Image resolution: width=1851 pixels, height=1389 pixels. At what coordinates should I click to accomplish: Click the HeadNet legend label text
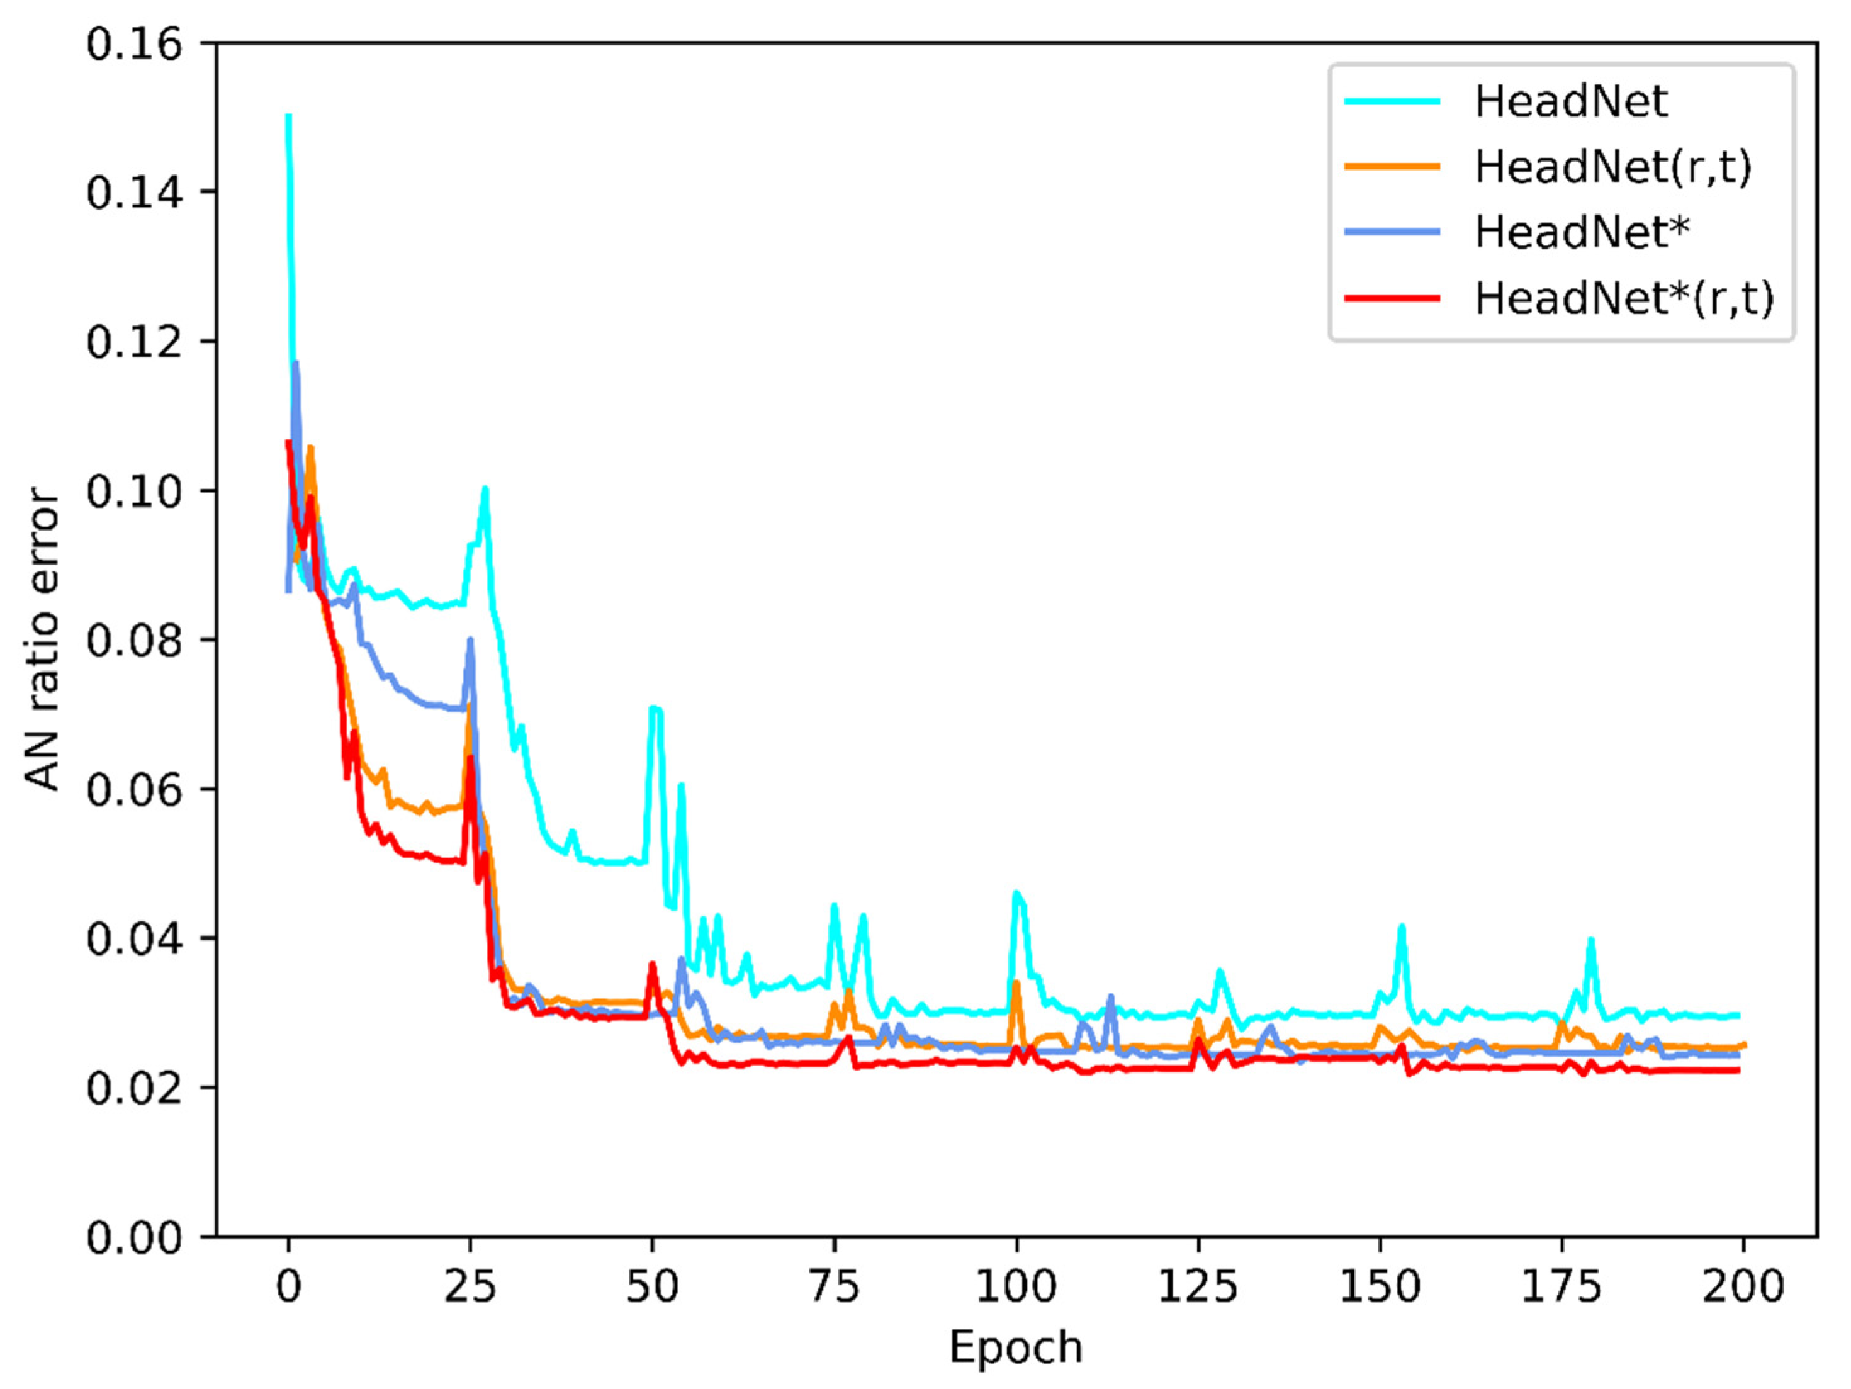tap(1571, 101)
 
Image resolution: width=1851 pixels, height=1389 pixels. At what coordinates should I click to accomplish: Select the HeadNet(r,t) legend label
tap(1612, 167)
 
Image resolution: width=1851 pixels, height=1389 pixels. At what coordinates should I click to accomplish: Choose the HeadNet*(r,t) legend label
tap(1623, 298)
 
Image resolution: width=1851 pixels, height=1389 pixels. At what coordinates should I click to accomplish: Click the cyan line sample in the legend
tap(1392, 101)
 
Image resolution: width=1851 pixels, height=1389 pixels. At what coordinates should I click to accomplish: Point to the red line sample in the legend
tap(1392, 298)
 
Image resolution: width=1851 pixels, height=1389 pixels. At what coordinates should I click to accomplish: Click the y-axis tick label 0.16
tap(134, 43)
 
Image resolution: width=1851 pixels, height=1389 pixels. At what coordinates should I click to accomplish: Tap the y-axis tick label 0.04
tap(134, 939)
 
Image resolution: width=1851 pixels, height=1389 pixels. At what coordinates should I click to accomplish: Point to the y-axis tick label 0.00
tap(134, 1237)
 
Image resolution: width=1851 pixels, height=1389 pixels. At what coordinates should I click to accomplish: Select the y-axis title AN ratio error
tap(42, 639)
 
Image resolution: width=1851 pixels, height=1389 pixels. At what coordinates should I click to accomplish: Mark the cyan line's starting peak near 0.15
tap(289, 116)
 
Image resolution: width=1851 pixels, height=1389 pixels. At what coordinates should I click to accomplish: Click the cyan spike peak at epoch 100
tap(1016, 893)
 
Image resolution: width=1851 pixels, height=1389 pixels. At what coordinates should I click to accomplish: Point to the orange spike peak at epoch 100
tap(1016, 983)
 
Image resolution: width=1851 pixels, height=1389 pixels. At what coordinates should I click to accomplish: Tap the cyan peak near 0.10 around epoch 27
tap(485, 488)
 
